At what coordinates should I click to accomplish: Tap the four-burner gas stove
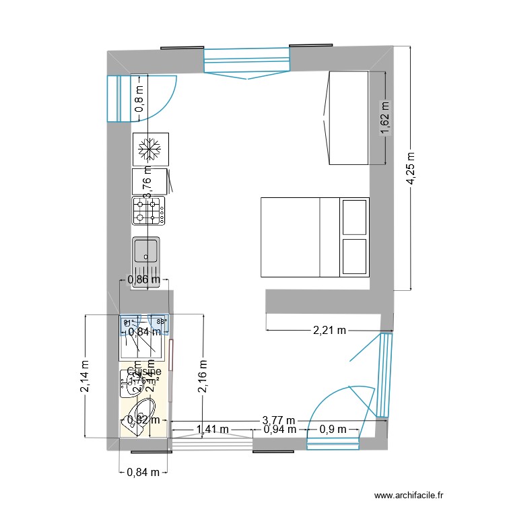tap(149, 210)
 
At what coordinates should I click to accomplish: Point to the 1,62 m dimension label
tap(385, 118)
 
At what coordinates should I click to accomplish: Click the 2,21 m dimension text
tap(329, 330)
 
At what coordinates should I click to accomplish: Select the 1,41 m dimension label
tap(212, 429)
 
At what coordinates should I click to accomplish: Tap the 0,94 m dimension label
tap(279, 429)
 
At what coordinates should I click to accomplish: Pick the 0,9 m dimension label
tap(333, 429)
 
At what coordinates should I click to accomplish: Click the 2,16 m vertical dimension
tap(203, 377)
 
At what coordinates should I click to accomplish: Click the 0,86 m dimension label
tap(144, 279)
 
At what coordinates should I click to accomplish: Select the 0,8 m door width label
tap(139, 99)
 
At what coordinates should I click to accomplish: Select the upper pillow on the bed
tap(355, 217)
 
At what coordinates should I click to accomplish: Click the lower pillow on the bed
tap(355, 257)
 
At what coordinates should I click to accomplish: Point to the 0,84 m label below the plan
tap(143, 472)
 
